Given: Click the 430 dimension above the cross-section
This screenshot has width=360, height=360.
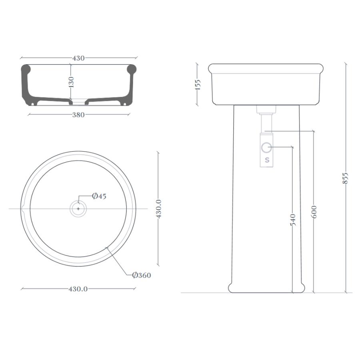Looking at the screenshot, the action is coord(78,58).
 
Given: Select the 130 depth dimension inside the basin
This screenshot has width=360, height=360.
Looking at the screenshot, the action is coord(72,82).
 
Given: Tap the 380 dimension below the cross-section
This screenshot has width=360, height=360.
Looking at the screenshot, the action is coord(78,115).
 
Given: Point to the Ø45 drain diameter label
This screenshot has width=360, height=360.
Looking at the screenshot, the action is coord(99,196).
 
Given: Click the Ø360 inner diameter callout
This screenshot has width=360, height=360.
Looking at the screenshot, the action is coord(142,275).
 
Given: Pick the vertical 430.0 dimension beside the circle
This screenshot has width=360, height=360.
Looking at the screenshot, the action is coord(159,209).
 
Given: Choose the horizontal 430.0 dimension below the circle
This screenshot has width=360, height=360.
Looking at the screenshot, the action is coord(78,289).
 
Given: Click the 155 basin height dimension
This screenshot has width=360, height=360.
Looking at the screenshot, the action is coord(198,84).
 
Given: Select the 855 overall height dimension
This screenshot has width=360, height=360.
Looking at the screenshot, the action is coord(345,178).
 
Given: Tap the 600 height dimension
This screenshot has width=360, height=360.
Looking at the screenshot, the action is coord(314,212).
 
